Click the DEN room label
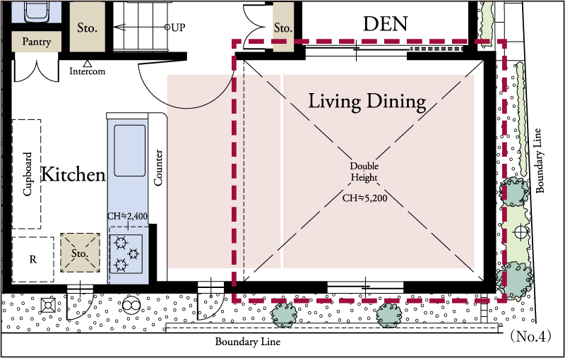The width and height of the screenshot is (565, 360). click(385, 24)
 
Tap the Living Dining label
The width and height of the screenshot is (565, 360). click(367, 102)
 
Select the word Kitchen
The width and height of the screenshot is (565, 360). click(73, 174)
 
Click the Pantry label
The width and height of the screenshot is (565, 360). click(37, 42)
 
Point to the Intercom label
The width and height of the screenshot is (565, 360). click(87, 71)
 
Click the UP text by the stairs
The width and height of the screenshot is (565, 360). click(178, 28)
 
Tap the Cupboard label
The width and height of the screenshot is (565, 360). click(28, 174)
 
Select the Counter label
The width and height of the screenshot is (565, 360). click(158, 168)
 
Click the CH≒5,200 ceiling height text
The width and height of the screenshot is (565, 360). click(364, 198)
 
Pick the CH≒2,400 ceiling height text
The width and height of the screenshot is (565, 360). click(128, 216)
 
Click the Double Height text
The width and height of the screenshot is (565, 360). click(364, 172)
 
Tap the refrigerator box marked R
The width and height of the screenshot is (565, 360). click(33, 260)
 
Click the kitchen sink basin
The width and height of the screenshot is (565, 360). click(130, 150)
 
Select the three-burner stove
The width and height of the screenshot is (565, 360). click(126, 254)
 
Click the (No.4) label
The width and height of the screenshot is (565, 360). click(530, 336)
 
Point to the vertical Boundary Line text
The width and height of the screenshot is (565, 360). click(539, 160)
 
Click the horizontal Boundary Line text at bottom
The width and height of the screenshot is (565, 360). click(248, 342)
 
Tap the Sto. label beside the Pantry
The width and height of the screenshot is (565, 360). click(87, 28)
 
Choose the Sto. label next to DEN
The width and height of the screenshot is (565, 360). click(283, 28)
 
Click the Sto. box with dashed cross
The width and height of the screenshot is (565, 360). click(80, 253)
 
